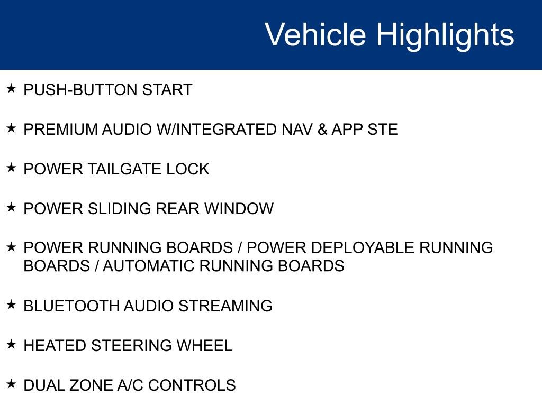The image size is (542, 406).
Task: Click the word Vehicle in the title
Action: click(x=315, y=34)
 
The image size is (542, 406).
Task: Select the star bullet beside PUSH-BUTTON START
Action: click(x=11, y=88)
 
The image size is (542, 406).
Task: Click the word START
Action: click(x=167, y=90)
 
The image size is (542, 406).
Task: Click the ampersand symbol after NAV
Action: click(x=322, y=130)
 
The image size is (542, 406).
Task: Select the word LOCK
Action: click(x=188, y=169)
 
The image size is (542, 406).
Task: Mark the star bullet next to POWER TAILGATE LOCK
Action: click(x=11, y=168)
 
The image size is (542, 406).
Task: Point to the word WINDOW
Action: click(x=239, y=208)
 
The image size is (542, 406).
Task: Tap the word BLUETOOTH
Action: click(x=71, y=306)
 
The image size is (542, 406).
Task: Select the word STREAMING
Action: click(x=225, y=306)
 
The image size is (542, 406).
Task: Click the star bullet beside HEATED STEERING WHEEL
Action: click(x=11, y=344)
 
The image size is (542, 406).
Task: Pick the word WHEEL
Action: click(x=204, y=346)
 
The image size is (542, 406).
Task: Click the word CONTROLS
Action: click(x=192, y=385)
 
